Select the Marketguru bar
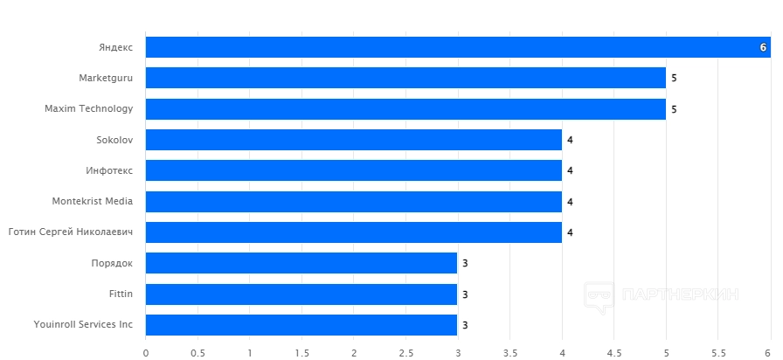(405, 78)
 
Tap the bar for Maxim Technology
(405, 109)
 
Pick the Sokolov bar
(353, 140)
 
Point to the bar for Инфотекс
(353, 170)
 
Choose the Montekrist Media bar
(353, 202)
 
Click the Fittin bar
(301, 294)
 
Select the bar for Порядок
(301, 263)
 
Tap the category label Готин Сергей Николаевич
(71, 232)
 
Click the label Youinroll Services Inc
(84, 325)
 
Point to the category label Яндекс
(116, 47)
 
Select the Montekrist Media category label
(93, 202)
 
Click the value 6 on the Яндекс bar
(763, 47)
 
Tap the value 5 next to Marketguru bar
(674, 78)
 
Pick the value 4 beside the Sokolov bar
(570, 140)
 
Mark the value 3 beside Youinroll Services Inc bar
(466, 325)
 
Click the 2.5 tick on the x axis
(405, 353)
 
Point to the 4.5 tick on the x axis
(613, 353)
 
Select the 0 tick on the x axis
(146, 353)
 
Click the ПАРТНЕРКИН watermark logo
(664, 295)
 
